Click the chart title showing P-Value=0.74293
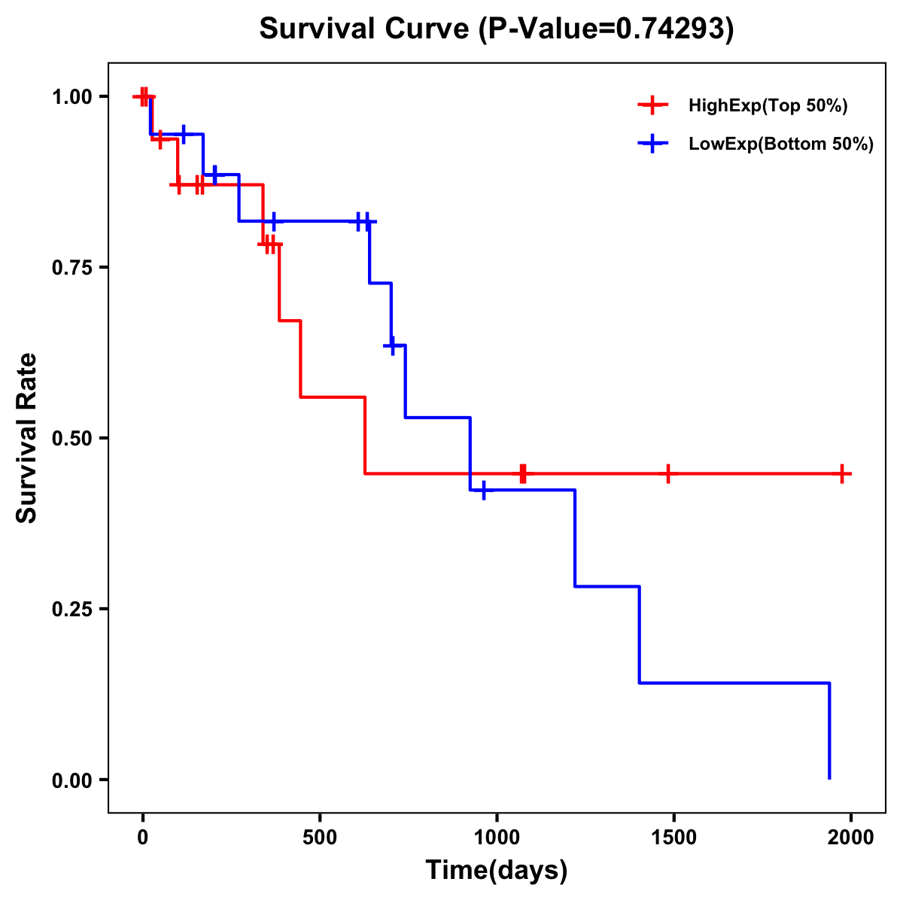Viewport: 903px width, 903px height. [x=496, y=29]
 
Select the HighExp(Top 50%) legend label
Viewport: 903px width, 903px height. [x=768, y=106]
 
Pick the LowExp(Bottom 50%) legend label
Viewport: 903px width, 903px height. [x=781, y=144]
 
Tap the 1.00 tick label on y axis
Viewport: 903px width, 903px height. [x=71, y=96]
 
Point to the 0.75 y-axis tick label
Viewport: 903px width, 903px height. [x=71, y=267]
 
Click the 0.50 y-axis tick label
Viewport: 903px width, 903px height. [x=71, y=438]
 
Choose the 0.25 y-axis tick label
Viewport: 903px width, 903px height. [x=71, y=609]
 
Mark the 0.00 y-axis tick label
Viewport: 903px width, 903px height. [x=71, y=780]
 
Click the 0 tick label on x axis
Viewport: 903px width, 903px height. [x=142, y=838]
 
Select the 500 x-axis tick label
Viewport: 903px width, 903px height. [x=320, y=838]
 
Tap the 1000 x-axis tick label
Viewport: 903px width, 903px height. [x=497, y=838]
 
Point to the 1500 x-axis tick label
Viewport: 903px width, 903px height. [x=673, y=838]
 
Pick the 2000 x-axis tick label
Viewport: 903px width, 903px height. [x=851, y=838]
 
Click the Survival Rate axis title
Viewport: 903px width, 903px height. [x=27, y=438]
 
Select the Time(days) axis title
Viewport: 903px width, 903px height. [x=496, y=871]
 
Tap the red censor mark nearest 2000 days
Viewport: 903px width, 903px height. [x=843, y=473]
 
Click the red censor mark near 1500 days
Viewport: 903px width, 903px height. [x=667, y=473]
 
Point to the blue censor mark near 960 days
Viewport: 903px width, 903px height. [x=483, y=490]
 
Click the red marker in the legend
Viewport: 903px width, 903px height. [x=652, y=106]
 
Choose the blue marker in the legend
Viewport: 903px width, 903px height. [x=652, y=144]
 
